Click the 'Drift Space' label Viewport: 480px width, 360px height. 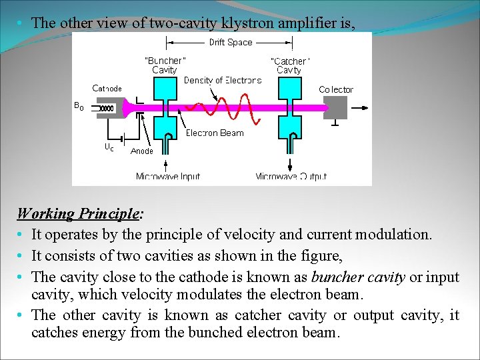230,43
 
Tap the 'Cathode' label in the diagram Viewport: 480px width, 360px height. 107,88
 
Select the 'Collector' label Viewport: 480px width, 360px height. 336,89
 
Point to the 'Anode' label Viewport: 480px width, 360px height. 141,151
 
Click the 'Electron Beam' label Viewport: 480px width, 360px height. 215,133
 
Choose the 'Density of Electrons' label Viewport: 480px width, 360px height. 223,81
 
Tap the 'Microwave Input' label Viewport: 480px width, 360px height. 168,177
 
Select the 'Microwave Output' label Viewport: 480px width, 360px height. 291,177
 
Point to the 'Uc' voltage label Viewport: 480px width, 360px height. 109,147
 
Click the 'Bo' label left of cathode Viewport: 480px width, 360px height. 79,106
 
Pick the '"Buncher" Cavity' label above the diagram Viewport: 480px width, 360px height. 165,65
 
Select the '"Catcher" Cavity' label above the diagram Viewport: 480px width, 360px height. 289,65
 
